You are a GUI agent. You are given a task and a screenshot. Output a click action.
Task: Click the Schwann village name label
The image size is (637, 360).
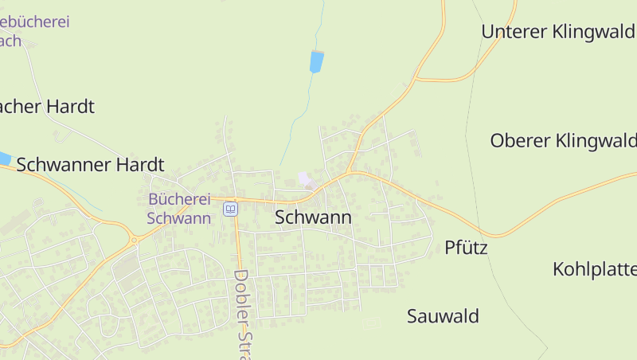pyautogui.click(x=313, y=217)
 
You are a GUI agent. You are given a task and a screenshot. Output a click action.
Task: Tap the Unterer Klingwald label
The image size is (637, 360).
pyautogui.click(x=558, y=32)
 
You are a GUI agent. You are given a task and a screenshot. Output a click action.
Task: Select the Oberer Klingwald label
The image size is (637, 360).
pyautogui.click(x=563, y=141)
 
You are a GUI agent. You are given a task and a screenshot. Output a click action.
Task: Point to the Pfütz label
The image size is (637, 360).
pyautogui.click(x=466, y=248)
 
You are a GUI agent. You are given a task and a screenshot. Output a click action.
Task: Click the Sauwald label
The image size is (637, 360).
pyautogui.click(x=443, y=316)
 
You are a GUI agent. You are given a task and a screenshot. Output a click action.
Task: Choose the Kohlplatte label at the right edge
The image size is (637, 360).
pyautogui.click(x=594, y=269)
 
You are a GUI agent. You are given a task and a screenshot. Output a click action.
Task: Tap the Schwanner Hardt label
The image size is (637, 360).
pyautogui.click(x=90, y=165)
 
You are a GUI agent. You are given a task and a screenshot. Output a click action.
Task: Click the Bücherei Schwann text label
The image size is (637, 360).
pyautogui.click(x=179, y=209)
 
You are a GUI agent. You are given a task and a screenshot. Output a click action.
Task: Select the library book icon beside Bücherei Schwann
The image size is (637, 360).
pyautogui.click(x=230, y=209)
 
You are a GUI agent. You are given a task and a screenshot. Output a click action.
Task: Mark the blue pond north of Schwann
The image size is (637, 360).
pyautogui.click(x=316, y=61)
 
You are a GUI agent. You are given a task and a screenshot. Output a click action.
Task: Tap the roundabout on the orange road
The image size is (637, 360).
pyautogui.click(x=134, y=239)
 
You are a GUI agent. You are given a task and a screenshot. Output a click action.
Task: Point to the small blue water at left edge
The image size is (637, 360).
pyautogui.click(x=4, y=158)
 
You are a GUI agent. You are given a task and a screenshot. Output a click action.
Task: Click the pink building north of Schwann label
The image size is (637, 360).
pyautogui.click(x=303, y=179)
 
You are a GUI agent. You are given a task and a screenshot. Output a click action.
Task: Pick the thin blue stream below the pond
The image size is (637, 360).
pyautogui.click(x=299, y=119)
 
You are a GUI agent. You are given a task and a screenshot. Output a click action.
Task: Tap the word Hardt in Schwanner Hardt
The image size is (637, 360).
pyautogui.click(x=139, y=165)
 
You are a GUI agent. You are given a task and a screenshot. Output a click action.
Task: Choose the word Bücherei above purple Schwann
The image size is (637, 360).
pyautogui.click(x=179, y=199)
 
